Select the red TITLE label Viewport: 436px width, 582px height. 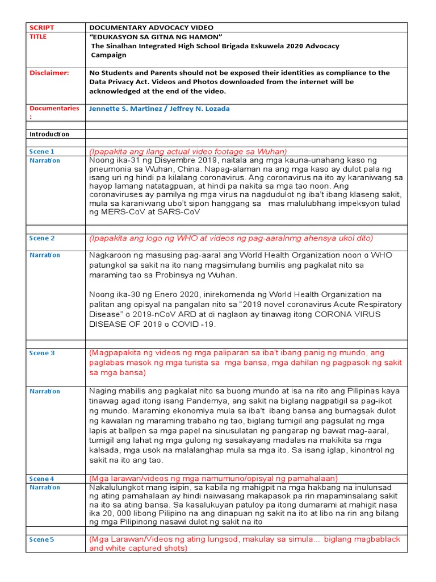coord(38,36)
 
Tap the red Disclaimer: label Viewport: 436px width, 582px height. coord(49,73)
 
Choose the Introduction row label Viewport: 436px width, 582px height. coord(49,134)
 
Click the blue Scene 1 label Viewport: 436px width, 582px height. coord(42,152)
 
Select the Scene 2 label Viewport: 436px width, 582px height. coord(42,238)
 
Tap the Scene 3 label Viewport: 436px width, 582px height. coord(42,353)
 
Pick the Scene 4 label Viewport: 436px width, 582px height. coord(42,479)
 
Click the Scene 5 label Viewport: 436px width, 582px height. coord(42,539)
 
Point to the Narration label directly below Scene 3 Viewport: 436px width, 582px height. coord(45,391)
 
